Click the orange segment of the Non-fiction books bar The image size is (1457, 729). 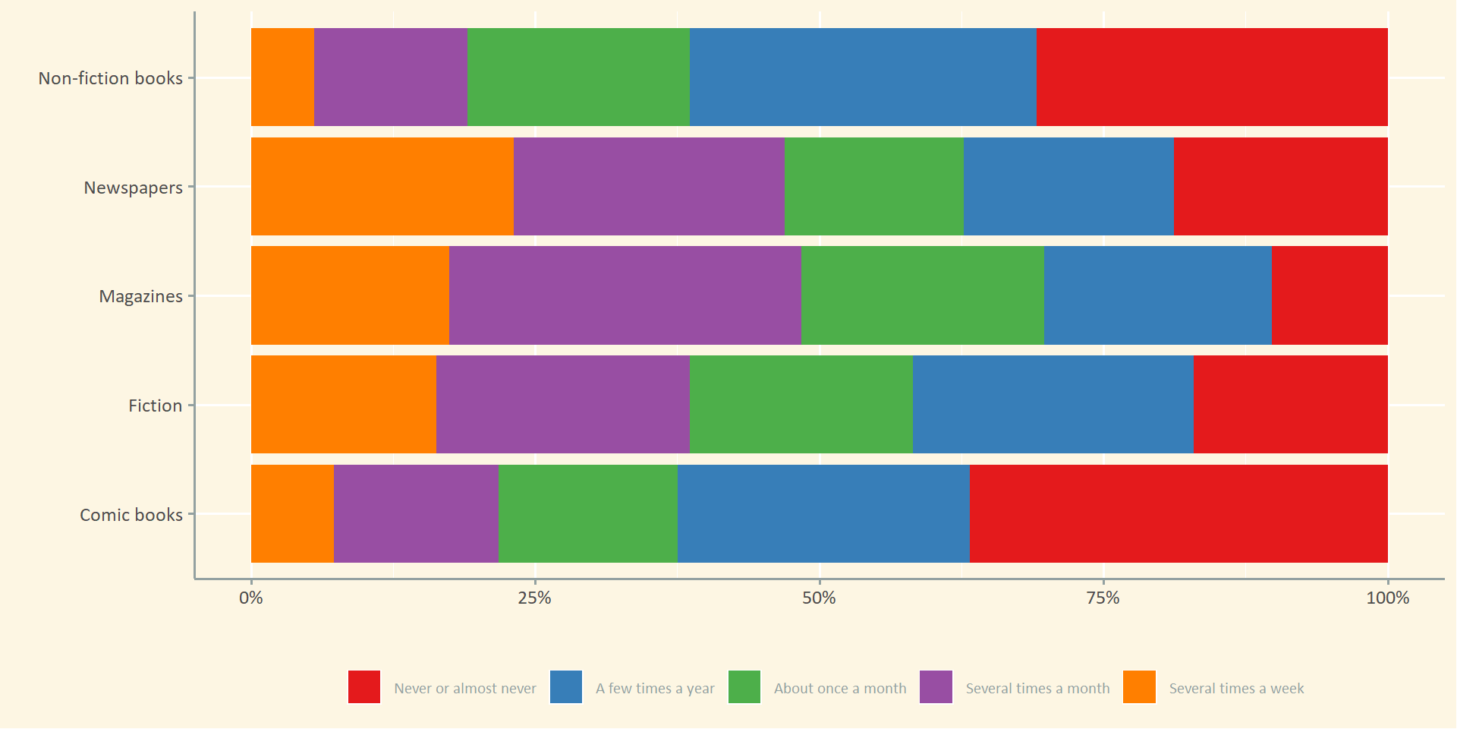point(282,77)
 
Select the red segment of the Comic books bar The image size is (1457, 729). point(1179,513)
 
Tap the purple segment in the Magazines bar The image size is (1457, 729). point(625,295)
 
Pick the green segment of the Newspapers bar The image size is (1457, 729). point(873,186)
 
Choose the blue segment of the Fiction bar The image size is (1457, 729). point(1053,404)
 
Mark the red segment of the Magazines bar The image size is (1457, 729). point(1330,295)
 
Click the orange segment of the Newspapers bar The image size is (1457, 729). point(382,186)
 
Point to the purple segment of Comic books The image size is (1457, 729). point(416,513)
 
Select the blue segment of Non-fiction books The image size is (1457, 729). point(863,77)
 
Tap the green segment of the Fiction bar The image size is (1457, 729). point(801,404)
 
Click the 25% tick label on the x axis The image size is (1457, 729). point(535,598)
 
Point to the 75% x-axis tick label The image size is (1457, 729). point(1103,598)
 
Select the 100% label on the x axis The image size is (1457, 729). point(1387,598)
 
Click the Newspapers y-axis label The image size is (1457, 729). point(133,188)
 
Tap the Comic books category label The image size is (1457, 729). point(131,515)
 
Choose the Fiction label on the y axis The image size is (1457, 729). point(155,406)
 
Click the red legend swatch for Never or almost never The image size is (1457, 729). point(364,686)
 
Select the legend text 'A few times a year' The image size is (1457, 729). point(655,689)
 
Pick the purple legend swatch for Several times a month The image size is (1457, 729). point(936,686)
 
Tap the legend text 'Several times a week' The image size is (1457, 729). point(1236,689)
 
